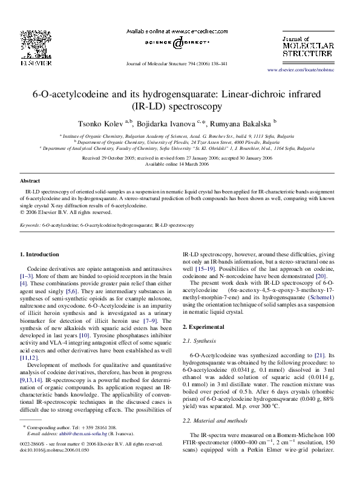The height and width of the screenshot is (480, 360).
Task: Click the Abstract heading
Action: [x=30, y=181]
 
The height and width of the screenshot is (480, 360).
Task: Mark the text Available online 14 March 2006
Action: [x=180, y=163]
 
